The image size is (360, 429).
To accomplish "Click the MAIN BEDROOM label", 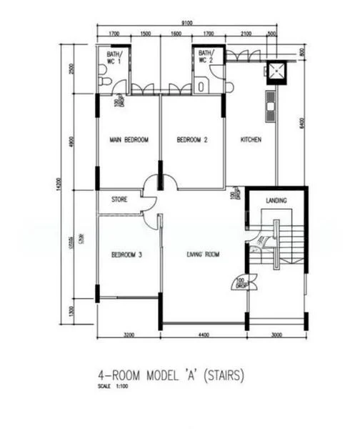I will tap(129, 141).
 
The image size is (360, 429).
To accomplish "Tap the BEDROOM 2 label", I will tap(191, 141).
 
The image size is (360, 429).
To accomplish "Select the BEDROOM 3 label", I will tap(127, 255).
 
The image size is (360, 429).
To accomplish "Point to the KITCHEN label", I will tap(254, 140).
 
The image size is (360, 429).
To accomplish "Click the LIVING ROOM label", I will tap(203, 255).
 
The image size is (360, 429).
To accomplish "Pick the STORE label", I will tap(119, 201).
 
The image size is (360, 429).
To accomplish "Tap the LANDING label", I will tap(276, 201).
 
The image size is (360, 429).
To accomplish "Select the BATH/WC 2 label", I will tap(206, 57).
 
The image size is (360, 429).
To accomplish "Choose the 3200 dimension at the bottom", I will tap(128, 333).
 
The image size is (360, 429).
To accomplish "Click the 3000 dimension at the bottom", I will tap(277, 333).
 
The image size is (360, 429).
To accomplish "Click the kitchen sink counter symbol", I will tap(271, 106).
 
